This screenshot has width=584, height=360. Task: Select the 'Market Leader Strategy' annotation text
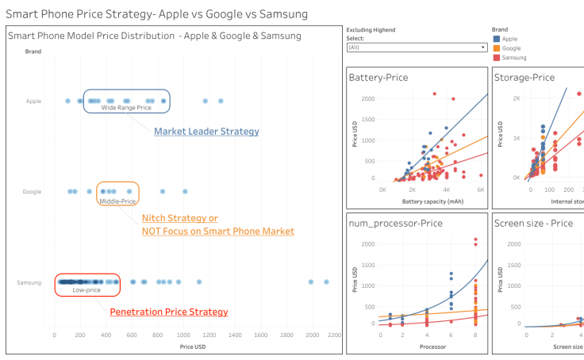pyautogui.click(x=206, y=132)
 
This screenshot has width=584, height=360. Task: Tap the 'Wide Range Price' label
pyautogui.click(x=125, y=108)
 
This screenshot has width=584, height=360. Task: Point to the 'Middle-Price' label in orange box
pyautogui.click(x=117, y=201)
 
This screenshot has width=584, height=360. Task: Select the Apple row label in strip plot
pyautogui.click(x=33, y=101)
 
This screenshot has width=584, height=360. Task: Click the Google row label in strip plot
pyautogui.click(x=32, y=192)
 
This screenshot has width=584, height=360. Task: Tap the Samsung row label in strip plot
pyautogui.click(x=29, y=282)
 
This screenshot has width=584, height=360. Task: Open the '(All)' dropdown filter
pyautogui.click(x=417, y=48)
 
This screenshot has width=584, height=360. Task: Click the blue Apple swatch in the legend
pyautogui.click(x=497, y=38)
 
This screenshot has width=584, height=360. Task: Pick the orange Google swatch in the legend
pyautogui.click(x=497, y=48)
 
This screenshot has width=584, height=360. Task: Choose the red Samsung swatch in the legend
pyautogui.click(x=497, y=58)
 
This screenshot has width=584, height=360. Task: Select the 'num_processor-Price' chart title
pyautogui.click(x=396, y=223)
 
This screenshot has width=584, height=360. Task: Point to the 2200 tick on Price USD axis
pyautogui.click(x=334, y=335)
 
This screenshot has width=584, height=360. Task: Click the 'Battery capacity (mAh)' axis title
pyautogui.click(x=432, y=201)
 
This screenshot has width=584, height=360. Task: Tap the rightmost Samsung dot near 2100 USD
pyautogui.click(x=326, y=281)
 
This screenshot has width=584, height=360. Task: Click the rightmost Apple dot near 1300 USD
pyautogui.click(x=221, y=101)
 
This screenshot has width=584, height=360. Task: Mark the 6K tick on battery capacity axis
pyautogui.click(x=480, y=190)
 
